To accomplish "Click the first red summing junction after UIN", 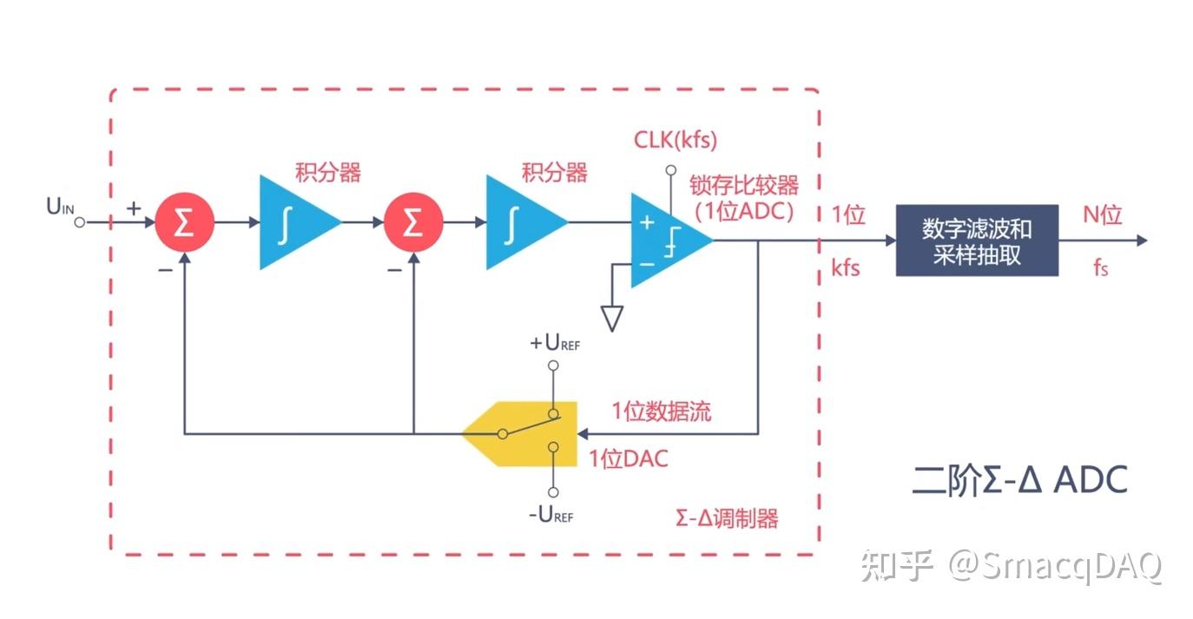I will (x=184, y=223).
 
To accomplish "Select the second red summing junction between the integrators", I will (x=413, y=223).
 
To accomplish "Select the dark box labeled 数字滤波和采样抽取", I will (x=977, y=240).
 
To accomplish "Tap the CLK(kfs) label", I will (x=675, y=139).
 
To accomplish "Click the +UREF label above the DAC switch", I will (x=554, y=343).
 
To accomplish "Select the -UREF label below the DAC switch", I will (x=551, y=515).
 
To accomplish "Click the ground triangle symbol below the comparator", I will (x=612, y=318).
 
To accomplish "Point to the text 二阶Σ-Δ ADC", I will (x=1019, y=479).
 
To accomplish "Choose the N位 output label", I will (x=1103, y=214).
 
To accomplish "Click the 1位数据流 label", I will (x=661, y=412).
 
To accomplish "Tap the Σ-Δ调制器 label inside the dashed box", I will (x=726, y=518).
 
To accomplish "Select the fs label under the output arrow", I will (x=1100, y=268).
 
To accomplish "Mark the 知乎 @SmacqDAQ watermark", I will (x=1012, y=566).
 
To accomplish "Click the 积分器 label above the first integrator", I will (x=327, y=172).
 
